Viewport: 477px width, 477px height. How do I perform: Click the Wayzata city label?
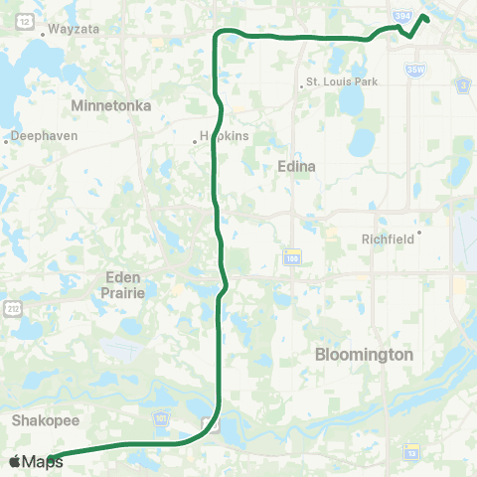(x=72, y=30)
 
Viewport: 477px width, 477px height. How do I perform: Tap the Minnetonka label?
(x=110, y=104)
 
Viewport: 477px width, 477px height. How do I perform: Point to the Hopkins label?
(x=224, y=136)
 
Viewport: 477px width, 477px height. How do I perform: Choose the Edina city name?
(x=296, y=167)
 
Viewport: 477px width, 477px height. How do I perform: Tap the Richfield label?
(x=389, y=238)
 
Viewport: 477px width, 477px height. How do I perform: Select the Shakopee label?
(x=39, y=420)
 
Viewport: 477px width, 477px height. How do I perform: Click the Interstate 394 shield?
(x=400, y=17)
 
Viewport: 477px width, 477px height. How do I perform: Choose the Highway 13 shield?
(x=411, y=453)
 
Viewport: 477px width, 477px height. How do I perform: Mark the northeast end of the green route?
(x=425, y=17)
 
